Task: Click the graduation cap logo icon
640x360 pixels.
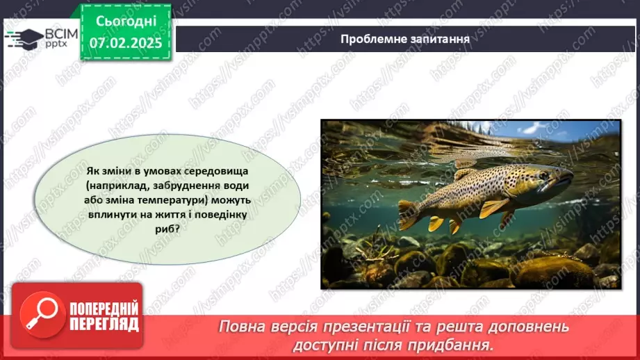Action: [x=23, y=38]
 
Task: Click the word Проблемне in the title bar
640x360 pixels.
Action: [x=370, y=39]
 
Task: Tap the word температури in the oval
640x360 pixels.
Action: [x=178, y=201]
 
